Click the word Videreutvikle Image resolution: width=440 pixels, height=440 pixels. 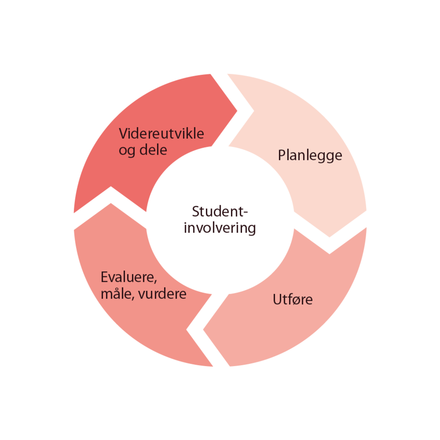click(x=161, y=134)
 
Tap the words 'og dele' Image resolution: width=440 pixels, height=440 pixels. click(x=143, y=151)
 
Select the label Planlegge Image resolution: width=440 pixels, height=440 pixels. click(x=310, y=155)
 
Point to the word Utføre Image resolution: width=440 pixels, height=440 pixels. click(x=292, y=299)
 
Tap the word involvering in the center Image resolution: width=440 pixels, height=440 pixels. click(x=220, y=229)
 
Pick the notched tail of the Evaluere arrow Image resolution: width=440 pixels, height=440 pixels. click(x=190, y=330)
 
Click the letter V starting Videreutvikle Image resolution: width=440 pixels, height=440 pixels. click(x=123, y=134)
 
